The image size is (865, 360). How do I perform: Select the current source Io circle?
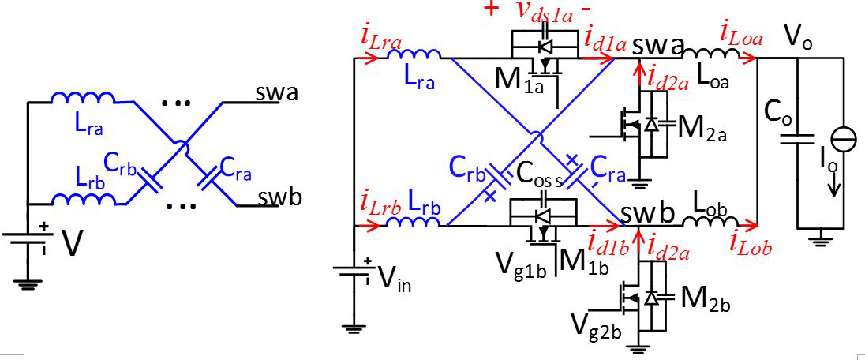pos(843,139)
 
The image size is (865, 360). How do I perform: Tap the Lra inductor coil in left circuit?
pos(83,99)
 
